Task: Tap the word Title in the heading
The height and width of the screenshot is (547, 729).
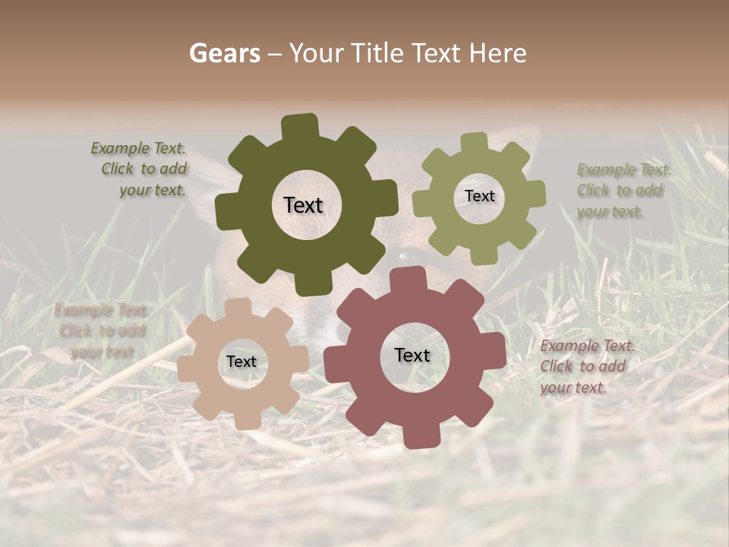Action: (377, 53)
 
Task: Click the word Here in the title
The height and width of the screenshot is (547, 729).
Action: (498, 53)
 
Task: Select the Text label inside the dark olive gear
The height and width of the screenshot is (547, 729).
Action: (303, 205)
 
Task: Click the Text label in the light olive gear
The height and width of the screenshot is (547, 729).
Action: (479, 196)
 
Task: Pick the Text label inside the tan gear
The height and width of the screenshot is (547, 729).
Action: (241, 362)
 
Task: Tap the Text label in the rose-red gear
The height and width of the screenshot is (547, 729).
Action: (412, 355)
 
